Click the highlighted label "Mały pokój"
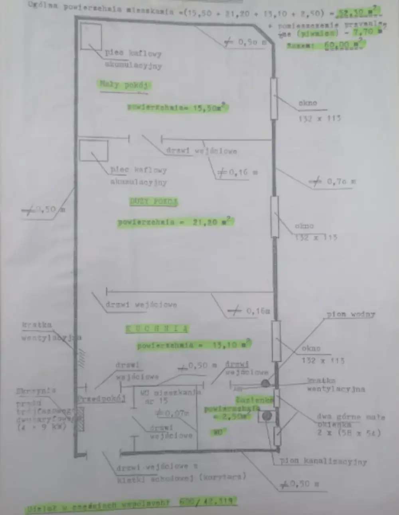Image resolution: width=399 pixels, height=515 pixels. point(124,85)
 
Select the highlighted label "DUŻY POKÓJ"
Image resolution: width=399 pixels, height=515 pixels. point(154,202)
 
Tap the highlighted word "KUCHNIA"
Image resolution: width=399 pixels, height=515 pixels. point(157,329)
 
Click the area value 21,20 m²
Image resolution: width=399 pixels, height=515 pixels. point(211,222)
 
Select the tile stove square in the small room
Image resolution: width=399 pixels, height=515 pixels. point(91,37)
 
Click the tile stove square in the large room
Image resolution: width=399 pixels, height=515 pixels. point(93,151)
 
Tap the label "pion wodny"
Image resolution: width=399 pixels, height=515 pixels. point(351,314)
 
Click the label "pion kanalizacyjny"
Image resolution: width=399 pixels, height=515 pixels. point(323,461)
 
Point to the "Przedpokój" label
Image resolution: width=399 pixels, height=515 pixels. point(101,399)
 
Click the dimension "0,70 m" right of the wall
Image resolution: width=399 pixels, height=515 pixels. point(341,182)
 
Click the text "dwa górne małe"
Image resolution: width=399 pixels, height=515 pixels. point(351,417)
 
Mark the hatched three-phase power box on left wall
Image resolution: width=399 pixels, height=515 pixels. point(80,418)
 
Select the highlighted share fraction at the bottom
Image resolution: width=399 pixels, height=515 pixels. point(207,501)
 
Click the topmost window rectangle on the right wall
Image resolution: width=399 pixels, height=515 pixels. point(274,98)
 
